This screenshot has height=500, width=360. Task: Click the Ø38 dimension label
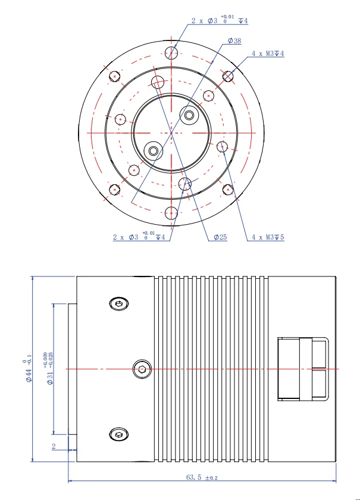(x=234, y=41)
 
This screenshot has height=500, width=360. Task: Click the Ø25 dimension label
(x=220, y=237)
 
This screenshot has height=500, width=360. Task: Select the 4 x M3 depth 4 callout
(x=268, y=54)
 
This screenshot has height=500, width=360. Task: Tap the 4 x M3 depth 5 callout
(x=268, y=237)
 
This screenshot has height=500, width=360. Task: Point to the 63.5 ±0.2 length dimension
(x=202, y=477)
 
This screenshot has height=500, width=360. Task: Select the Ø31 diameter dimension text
(x=49, y=368)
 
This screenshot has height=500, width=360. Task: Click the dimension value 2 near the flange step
(x=54, y=446)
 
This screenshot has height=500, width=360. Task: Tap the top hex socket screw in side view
(x=119, y=304)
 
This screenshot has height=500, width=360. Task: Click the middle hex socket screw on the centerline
(x=142, y=369)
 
